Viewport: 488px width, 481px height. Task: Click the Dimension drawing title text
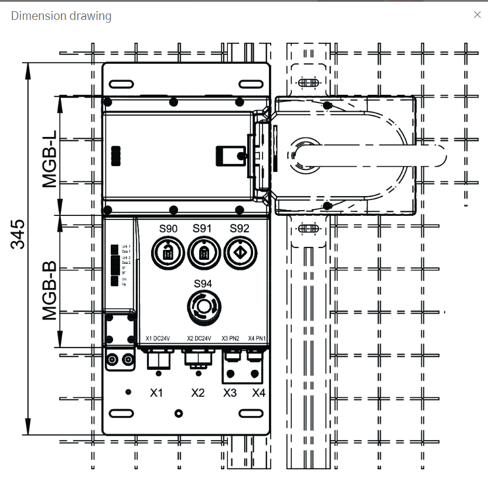click(x=61, y=16)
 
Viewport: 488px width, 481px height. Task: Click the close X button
click(x=477, y=15)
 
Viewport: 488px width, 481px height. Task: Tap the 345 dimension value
click(x=18, y=234)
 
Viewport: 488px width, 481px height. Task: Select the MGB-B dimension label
click(x=50, y=291)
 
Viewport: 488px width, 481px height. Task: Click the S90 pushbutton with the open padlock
click(x=168, y=253)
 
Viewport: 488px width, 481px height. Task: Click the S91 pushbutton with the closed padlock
click(x=203, y=253)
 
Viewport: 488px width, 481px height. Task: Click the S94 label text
click(x=203, y=284)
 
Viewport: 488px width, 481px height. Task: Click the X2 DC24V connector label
click(x=199, y=338)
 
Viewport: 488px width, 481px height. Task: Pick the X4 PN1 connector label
click(x=257, y=338)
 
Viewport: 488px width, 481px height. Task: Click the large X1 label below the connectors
click(x=156, y=393)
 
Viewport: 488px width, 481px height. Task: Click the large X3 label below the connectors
click(x=230, y=393)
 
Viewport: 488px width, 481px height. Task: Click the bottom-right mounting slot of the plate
click(x=251, y=414)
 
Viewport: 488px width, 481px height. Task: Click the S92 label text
click(x=239, y=228)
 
